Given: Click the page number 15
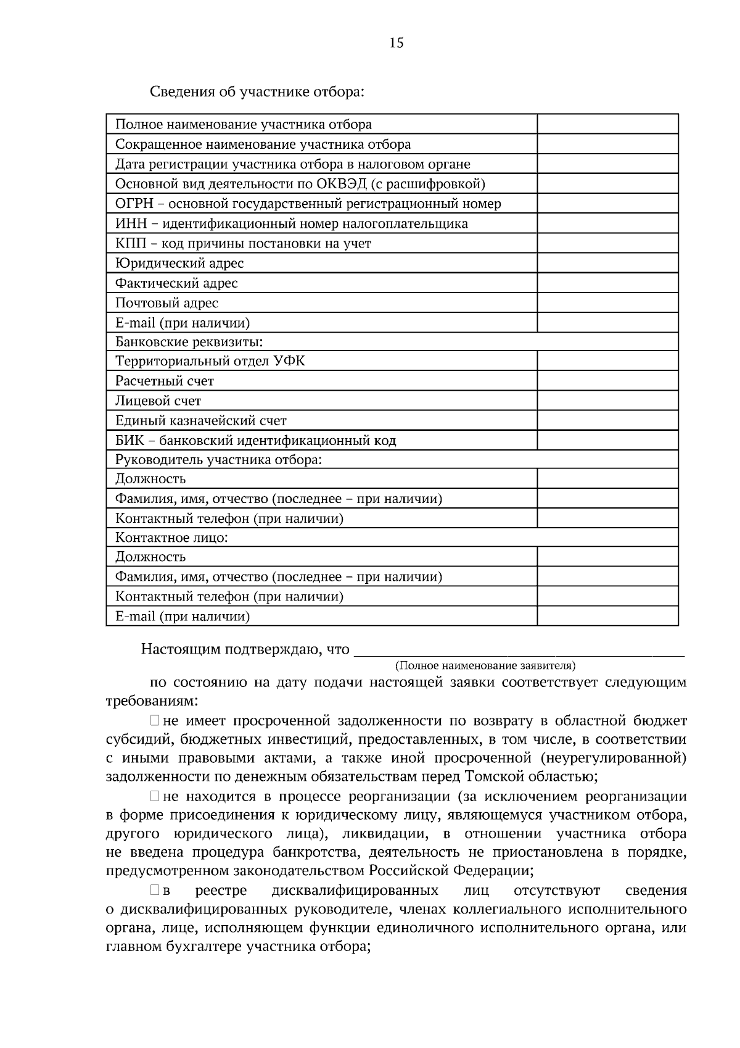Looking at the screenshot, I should (397, 43).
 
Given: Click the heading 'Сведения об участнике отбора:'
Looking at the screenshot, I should (257, 93).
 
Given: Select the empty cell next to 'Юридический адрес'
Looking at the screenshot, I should (607, 264).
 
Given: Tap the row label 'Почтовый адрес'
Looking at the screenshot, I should (166, 303).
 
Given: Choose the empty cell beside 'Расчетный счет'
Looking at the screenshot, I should (607, 381).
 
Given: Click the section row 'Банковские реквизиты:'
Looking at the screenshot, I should (189, 342).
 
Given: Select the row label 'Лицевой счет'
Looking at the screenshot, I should (158, 401).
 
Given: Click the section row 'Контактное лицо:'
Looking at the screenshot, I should (172, 538).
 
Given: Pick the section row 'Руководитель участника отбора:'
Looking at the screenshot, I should (219, 460).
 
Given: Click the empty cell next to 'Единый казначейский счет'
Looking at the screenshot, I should (607, 420).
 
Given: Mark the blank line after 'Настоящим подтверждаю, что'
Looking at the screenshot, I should (521, 650).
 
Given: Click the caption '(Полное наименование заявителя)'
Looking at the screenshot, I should (485, 665).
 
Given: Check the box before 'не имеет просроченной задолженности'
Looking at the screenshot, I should (155, 720).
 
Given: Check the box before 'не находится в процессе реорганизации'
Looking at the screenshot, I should (155, 797).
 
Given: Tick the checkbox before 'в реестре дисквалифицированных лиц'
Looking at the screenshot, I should (155, 891).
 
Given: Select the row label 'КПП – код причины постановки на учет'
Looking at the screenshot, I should (243, 243).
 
